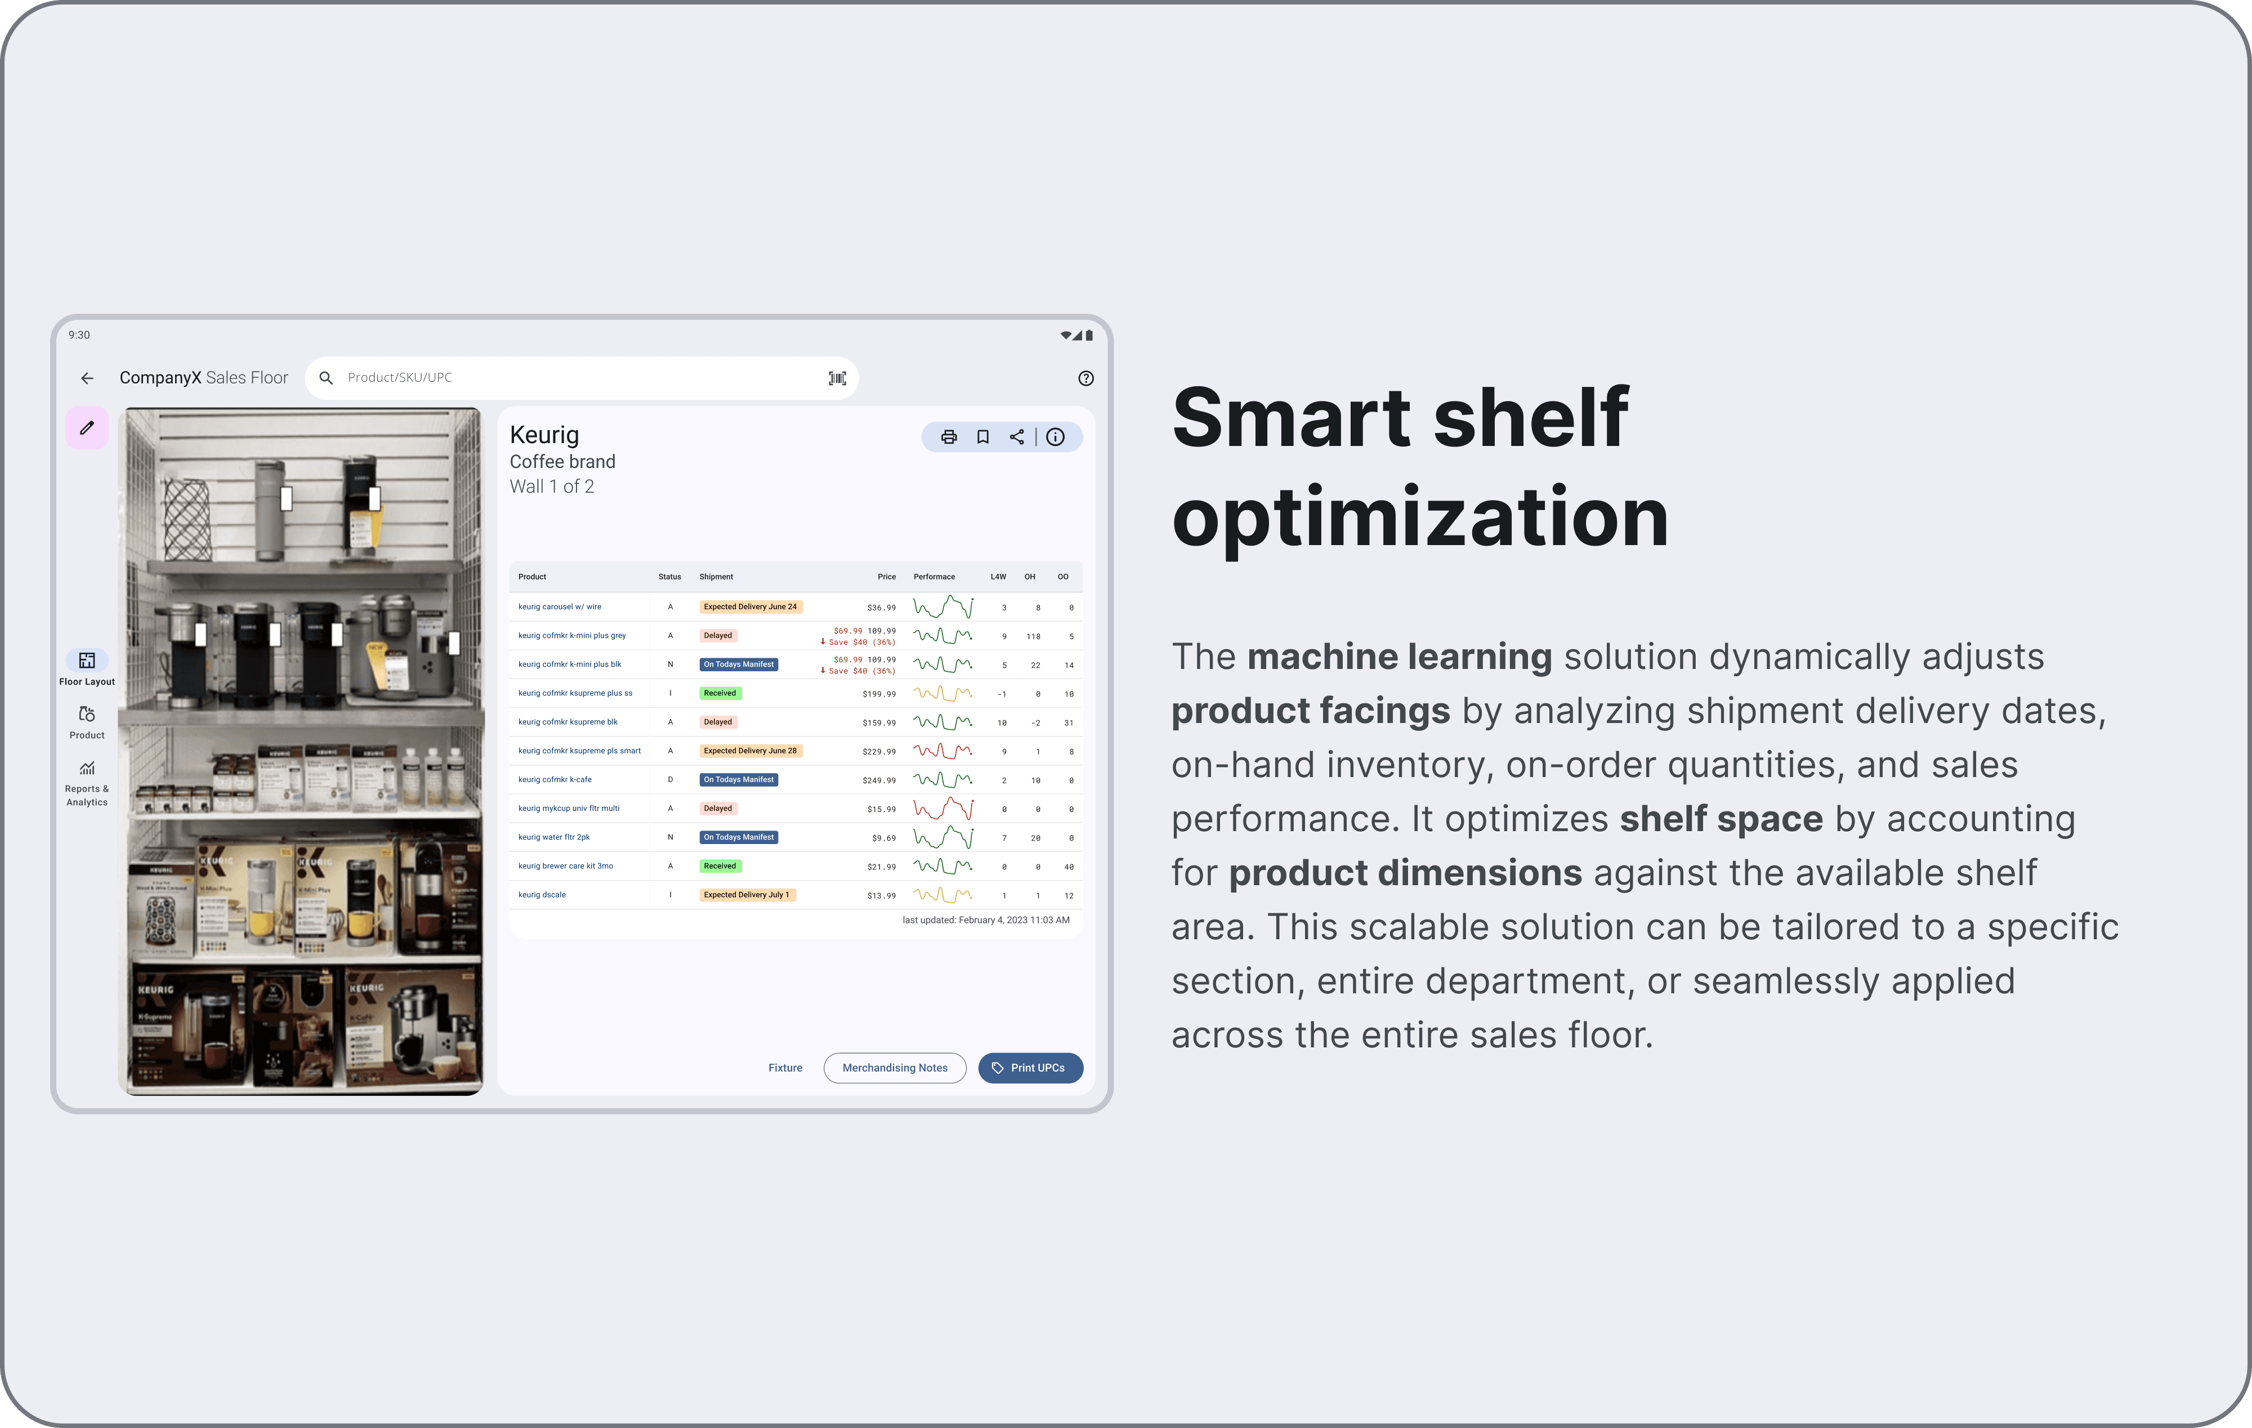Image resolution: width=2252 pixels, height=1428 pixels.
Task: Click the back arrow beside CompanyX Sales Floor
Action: [87, 378]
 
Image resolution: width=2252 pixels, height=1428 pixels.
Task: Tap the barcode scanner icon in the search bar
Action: [837, 378]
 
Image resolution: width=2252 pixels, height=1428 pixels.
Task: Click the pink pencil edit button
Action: [87, 429]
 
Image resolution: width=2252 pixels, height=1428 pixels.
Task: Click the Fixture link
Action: [785, 1068]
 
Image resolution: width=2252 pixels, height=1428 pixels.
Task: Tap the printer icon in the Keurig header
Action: [948, 437]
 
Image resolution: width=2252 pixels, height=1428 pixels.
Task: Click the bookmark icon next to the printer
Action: [983, 437]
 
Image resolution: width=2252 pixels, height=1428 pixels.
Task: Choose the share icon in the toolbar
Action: [1017, 437]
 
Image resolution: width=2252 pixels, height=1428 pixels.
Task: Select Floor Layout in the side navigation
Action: [87, 668]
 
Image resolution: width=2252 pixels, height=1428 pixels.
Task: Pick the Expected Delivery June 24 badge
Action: [750, 607]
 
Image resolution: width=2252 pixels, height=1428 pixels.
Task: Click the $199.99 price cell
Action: [878, 694]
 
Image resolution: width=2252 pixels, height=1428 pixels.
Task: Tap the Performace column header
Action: [933, 577]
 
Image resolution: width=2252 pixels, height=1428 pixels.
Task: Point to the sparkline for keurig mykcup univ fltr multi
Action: [942, 808]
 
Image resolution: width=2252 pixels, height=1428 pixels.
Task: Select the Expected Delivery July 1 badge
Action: [747, 895]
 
